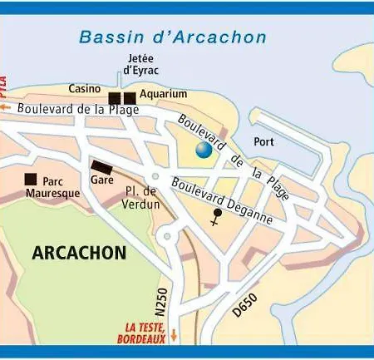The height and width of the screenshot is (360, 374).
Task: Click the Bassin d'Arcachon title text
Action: [172, 37]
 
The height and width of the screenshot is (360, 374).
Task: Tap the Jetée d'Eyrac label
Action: [140, 65]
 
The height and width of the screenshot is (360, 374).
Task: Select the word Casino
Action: [84, 89]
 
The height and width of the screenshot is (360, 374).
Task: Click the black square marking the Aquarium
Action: [130, 99]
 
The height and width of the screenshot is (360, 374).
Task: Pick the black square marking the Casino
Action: [114, 99]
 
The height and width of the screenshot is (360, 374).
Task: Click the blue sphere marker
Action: [204, 150]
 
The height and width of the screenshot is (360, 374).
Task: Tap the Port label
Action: [263, 141]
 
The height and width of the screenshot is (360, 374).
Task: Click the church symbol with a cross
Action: [217, 217]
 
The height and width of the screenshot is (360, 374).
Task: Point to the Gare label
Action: [101, 180]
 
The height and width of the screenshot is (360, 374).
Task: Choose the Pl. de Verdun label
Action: [141, 198]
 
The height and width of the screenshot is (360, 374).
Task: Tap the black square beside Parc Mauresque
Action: [31, 180]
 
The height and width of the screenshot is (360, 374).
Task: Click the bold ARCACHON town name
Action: [79, 252]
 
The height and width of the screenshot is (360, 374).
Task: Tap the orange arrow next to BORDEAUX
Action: [174, 335]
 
